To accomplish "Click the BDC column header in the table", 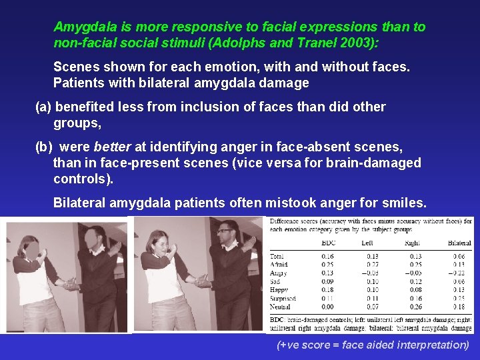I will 327,243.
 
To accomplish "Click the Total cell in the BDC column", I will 327,256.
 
